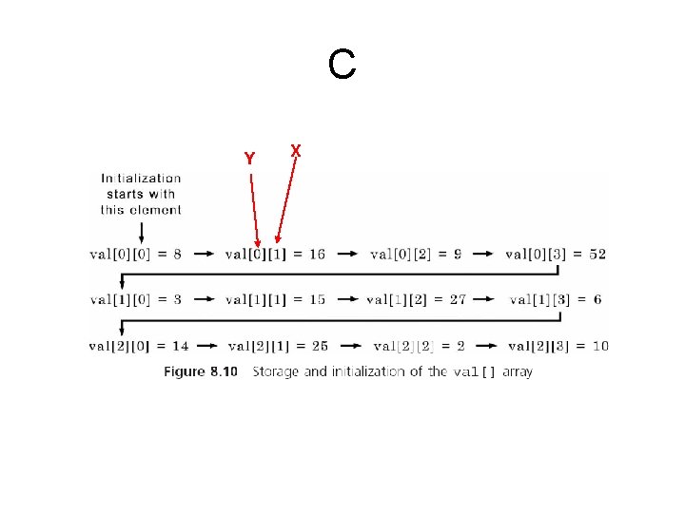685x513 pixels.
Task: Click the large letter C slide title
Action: click(342, 66)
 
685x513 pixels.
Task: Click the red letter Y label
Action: click(249, 159)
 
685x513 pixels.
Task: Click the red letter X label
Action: click(296, 151)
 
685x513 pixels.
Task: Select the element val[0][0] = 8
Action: click(136, 254)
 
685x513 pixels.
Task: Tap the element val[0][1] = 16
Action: click(275, 254)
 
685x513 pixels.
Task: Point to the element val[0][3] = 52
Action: click(555, 254)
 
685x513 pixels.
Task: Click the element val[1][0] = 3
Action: click(136, 299)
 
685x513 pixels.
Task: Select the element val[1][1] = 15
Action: click(275, 299)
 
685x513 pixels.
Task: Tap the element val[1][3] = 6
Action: click(555, 299)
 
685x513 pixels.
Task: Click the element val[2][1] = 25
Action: click(279, 346)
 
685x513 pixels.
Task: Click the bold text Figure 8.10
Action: click(200, 371)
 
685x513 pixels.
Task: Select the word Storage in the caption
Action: click(278, 371)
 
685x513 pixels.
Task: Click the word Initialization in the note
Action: click(141, 178)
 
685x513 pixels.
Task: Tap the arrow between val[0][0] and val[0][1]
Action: click(205, 254)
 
